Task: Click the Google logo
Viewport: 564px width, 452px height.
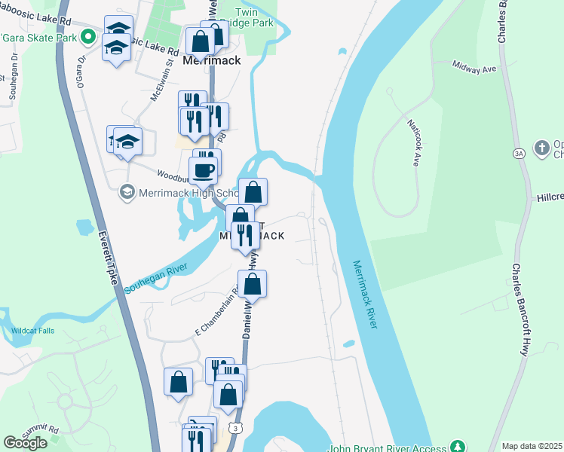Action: (25, 443)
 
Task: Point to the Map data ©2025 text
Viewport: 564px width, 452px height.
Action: (532, 446)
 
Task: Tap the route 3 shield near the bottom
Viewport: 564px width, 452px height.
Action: (236, 428)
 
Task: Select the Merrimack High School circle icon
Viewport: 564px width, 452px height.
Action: (126, 193)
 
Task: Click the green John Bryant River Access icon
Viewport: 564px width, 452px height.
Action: (456, 447)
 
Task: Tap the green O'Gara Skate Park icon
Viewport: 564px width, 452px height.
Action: (88, 36)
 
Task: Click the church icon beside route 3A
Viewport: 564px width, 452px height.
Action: (541, 148)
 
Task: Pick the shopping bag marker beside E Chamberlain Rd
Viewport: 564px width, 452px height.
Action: (253, 285)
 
